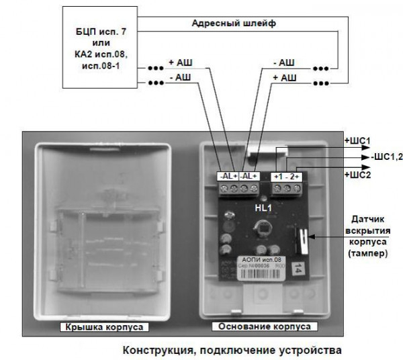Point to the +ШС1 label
[357, 140]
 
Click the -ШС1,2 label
[386, 157]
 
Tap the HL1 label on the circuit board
[262, 209]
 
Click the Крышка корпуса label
[103, 327]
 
